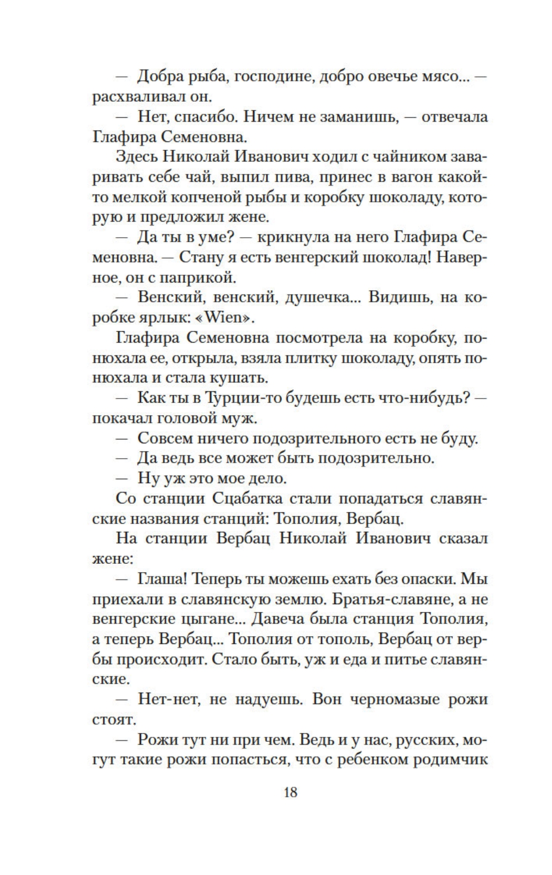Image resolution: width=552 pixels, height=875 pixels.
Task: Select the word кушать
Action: click(x=241, y=378)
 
